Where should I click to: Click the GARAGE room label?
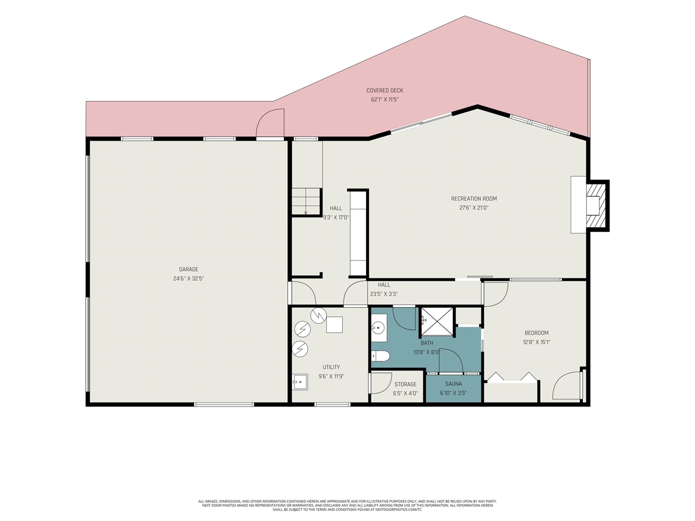(x=188, y=269)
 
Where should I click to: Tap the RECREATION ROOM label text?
(x=473, y=199)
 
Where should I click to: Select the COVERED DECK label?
(x=385, y=91)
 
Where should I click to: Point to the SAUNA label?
(x=453, y=384)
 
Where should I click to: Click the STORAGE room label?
(x=405, y=384)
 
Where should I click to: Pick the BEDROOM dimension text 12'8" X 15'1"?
(x=536, y=342)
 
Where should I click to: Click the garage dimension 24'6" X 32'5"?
(x=188, y=279)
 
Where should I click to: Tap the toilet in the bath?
(x=380, y=356)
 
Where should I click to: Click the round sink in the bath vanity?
(x=377, y=328)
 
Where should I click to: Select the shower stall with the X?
(x=437, y=321)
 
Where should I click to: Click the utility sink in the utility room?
(x=300, y=382)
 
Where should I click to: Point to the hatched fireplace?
(x=596, y=206)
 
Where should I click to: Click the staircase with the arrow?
(x=306, y=201)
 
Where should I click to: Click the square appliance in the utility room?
(x=334, y=325)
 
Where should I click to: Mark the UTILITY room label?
(x=331, y=367)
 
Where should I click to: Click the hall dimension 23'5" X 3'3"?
(x=384, y=294)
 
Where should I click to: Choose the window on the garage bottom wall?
(x=224, y=404)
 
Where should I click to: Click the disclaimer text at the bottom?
(x=347, y=505)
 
